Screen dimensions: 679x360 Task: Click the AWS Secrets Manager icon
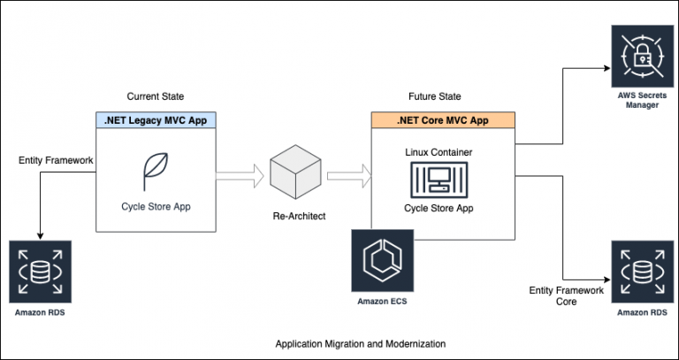[642, 57]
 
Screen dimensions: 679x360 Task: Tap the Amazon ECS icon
[382, 261]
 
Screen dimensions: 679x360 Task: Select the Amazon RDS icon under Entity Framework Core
[642, 272]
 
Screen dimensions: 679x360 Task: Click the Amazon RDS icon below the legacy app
[41, 272]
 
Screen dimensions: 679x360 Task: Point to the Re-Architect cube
[296, 172]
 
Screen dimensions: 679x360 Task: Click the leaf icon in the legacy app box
[156, 172]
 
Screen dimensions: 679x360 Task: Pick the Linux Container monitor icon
[439, 180]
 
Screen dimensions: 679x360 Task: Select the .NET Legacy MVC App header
[156, 120]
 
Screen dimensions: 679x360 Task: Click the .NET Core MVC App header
[443, 120]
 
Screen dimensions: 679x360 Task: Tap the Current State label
[156, 96]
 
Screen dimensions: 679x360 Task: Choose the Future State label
[435, 96]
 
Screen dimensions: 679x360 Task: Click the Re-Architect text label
[299, 216]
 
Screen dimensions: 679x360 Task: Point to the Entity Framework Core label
[567, 296]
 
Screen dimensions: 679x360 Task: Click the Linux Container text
[439, 152]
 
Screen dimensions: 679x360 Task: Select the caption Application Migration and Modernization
[361, 344]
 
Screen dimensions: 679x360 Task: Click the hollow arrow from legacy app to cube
[240, 176]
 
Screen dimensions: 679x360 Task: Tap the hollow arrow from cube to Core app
[349, 176]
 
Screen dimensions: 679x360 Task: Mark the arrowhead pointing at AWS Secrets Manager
[607, 68]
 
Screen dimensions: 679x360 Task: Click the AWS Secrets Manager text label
[642, 100]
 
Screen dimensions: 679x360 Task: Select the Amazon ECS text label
[382, 301]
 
